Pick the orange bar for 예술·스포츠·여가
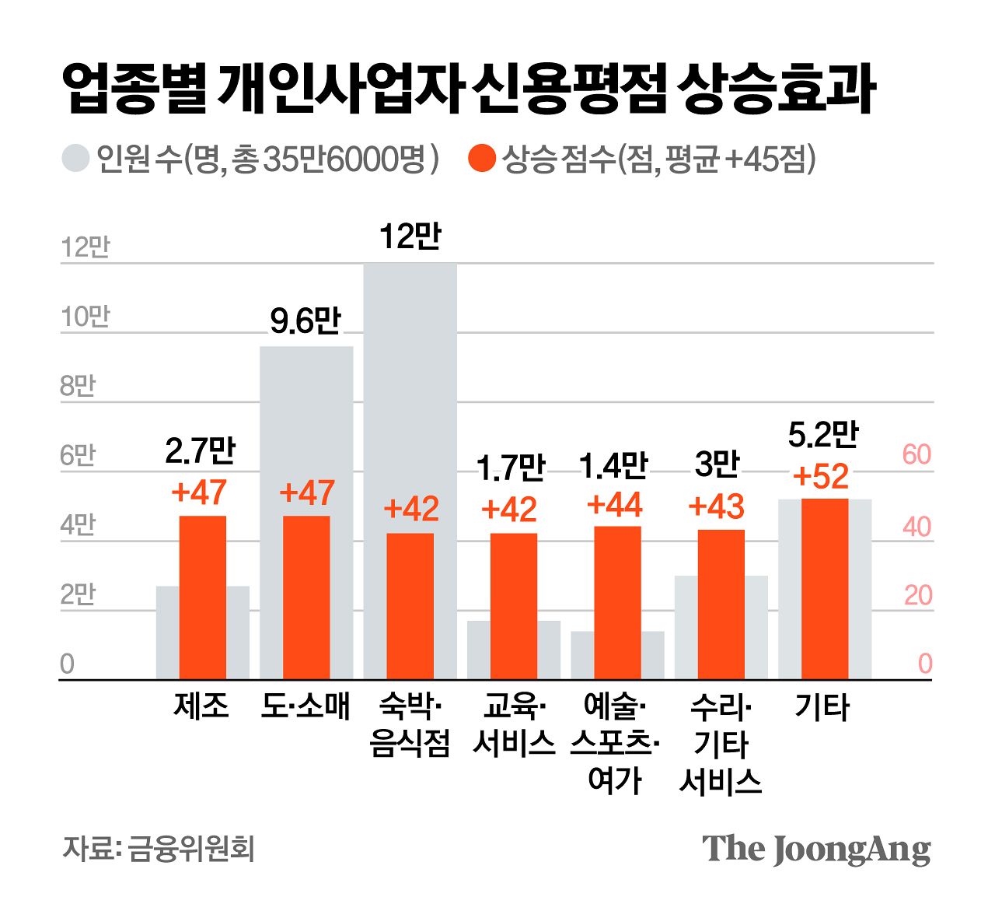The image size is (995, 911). click(x=617, y=602)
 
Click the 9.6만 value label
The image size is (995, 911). click(x=305, y=321)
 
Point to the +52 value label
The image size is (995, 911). click(x=821, y=476)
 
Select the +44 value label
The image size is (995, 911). click(x=615, y=505)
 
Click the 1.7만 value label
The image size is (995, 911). click(x=511, y=468)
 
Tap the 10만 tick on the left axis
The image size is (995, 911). click(x=86, y=317)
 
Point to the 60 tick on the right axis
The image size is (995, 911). click(x=916, y=454)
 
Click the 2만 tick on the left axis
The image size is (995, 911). click(x=78, y=594)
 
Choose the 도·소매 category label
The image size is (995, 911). click(x=305, y=706)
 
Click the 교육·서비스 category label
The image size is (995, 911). click(x=514, y=725)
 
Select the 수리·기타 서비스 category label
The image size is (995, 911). click(x=720, y=744)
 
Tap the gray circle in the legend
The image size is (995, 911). click(x=75, y=159)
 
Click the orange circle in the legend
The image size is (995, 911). click(x=482, y=159)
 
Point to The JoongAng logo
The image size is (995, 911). click(x=816, y=849)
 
